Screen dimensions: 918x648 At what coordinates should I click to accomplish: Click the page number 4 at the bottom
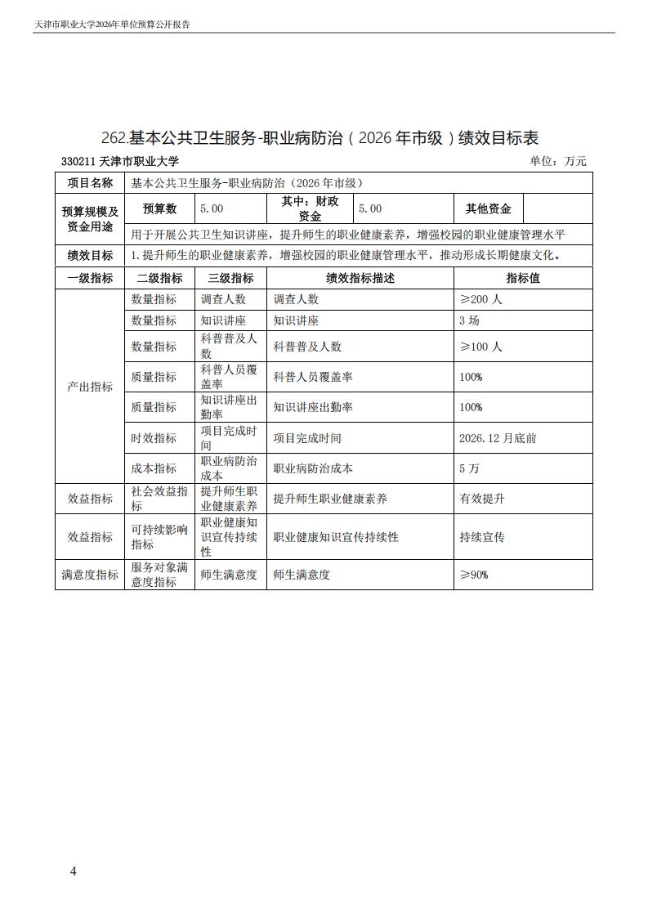(74, 871)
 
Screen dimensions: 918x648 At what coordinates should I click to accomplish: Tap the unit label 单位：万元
(558, 162)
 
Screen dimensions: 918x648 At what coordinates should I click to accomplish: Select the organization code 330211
(78, 162)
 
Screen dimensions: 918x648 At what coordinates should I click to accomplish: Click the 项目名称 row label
(90, 183)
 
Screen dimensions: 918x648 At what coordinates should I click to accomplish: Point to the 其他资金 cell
(488, 208)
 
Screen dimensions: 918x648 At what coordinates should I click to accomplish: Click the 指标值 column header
(523, 278)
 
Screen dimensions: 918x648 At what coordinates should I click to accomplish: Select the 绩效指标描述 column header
(360, 278)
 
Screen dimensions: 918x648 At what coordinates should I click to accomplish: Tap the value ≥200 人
(481, 299)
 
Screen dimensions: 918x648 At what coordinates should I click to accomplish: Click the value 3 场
(470, 320)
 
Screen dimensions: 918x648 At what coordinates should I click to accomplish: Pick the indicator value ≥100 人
(481, 347)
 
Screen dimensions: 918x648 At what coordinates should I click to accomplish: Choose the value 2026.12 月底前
(498, 438)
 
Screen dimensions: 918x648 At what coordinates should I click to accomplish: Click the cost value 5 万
(470, 468)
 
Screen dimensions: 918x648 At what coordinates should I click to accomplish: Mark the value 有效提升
(482, 499)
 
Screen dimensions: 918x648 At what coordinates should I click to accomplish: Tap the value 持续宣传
(482, 537)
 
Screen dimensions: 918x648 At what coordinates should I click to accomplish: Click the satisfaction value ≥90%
(474, 575)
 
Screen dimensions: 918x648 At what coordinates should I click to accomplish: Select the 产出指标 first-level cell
(90, 387)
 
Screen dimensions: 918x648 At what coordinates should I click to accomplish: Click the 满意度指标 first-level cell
(90, 575)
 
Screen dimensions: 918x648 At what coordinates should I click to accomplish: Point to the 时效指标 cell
(154, 438)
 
